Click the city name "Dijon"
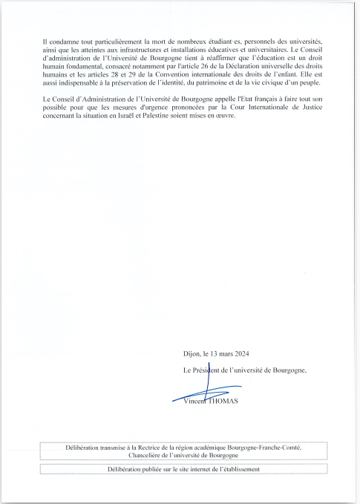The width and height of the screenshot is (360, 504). (x=192, y=353)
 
